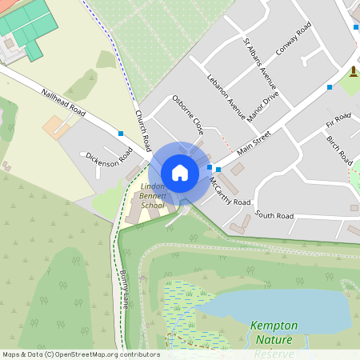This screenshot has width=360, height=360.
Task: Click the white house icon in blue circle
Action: pyautogui.click(x=180, y=173)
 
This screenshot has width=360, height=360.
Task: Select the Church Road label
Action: pyautogui.click(x=143, y=131)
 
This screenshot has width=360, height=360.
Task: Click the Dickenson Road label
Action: pyautogui.click(x=108, y=156)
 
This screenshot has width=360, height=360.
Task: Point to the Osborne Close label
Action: pyautogui.click(x=188, y=114)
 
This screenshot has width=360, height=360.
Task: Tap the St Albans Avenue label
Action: pyautogui.click(x=260, y=63)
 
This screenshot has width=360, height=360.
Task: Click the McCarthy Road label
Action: pyautogui.click(x=230, y=191)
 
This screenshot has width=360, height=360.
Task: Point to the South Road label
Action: pyautogui.click(x=274, y=215)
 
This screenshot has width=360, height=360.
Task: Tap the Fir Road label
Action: pyautogui.click(x=338, y=122)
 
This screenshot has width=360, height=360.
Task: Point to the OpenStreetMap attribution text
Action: pyautogui.click(x=81, y=354)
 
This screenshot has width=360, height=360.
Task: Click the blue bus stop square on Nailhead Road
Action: pyautogui.click(x=121, y=133)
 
